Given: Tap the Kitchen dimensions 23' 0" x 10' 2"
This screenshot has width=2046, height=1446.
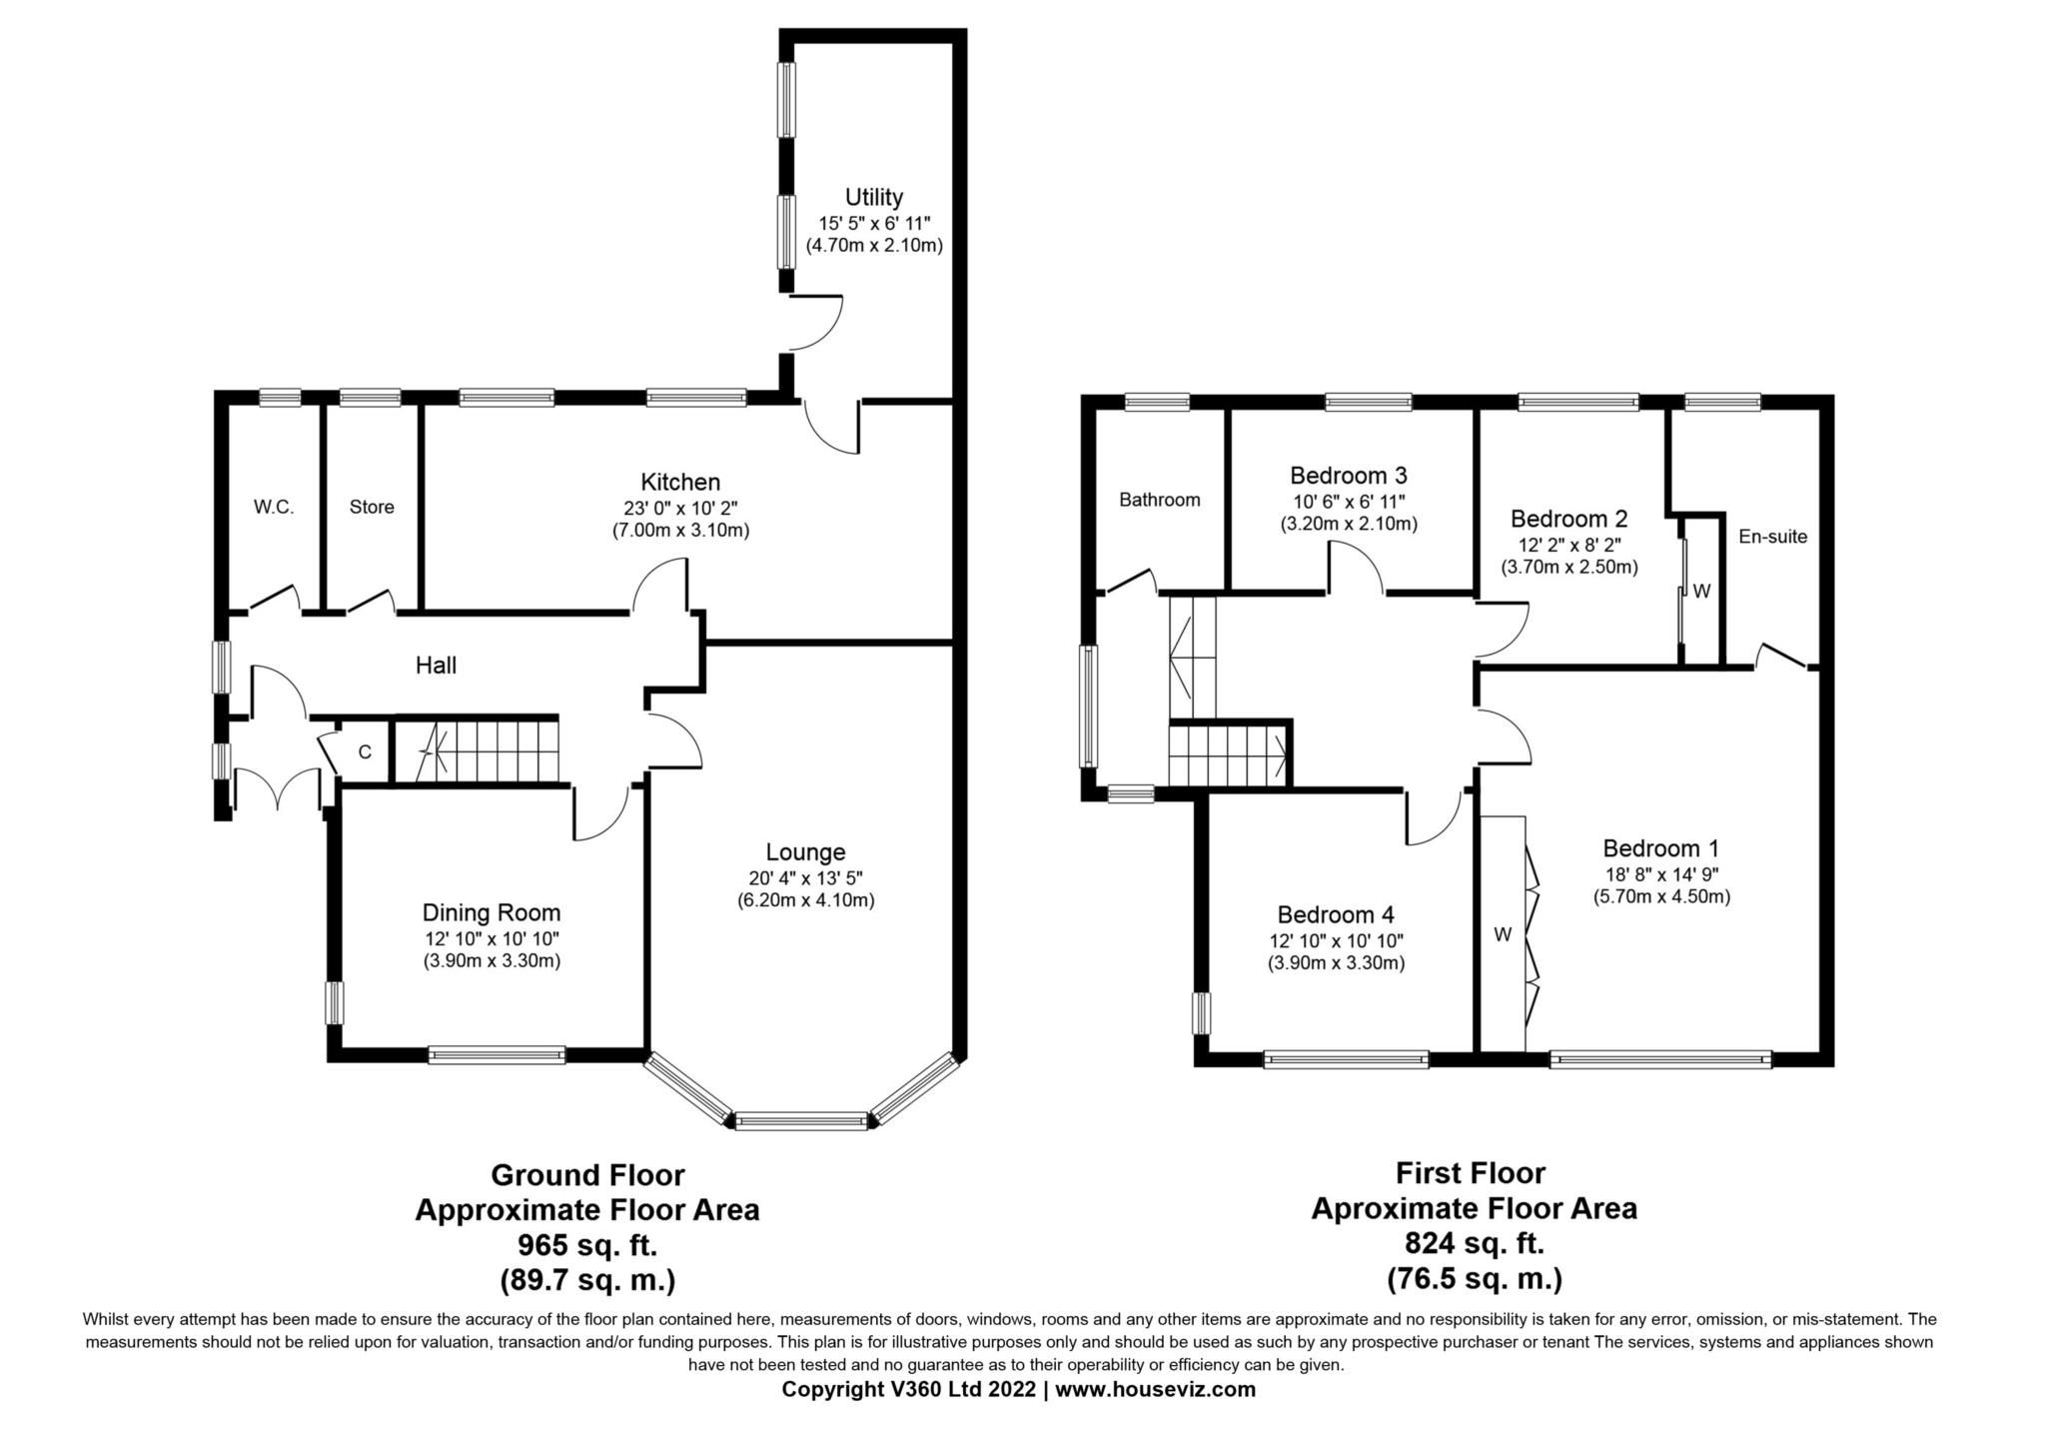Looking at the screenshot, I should (680, 508).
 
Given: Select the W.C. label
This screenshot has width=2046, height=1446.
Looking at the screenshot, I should (273, 507).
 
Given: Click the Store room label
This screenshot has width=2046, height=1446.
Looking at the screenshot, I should (372, 507).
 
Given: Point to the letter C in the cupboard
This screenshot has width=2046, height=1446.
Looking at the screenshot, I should (365, 751).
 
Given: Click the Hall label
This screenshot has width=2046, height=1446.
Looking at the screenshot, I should (436, 666).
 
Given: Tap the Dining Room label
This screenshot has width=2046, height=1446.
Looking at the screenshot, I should (491, 912).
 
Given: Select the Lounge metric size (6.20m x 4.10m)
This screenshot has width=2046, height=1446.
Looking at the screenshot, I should (805, 900).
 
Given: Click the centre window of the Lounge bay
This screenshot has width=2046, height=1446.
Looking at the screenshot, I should (801, 1121).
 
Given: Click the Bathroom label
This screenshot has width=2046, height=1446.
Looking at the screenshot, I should (1159, 500).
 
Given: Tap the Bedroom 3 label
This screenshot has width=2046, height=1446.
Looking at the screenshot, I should (1348, 476).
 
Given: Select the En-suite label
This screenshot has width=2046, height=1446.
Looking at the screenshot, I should (1772, 537).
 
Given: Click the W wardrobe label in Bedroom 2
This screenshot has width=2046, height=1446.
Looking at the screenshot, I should (1702, 591).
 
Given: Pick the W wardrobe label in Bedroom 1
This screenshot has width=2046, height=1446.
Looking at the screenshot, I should (1503, 934).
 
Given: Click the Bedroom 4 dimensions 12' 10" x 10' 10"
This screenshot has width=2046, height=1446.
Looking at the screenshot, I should (1336, 940).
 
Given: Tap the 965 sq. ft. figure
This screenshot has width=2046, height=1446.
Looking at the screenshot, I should (586, 1245).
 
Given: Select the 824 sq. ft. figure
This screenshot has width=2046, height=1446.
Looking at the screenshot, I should (1474, 1243).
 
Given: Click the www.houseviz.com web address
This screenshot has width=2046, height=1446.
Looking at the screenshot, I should (1155, 1389).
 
